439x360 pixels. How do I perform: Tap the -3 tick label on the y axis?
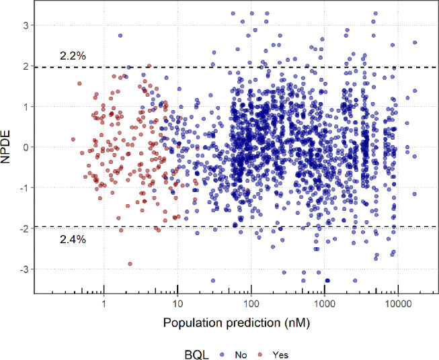click(x=19, y=269)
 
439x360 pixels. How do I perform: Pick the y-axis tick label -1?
click(x=19, y=188)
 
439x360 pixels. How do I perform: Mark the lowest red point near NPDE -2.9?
click(x=130, y=264)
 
